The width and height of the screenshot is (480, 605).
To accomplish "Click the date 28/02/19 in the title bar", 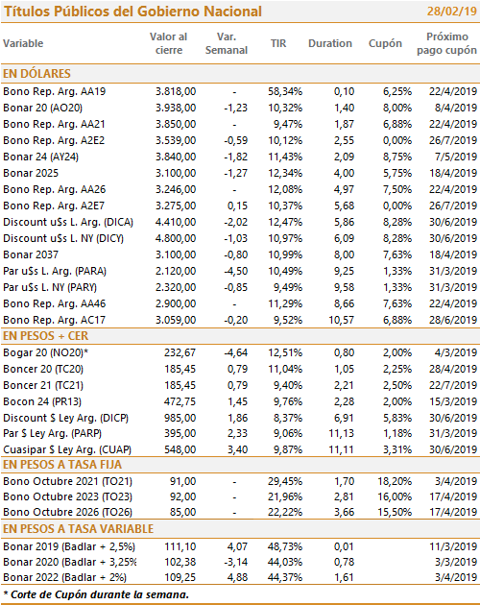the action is (452, 12).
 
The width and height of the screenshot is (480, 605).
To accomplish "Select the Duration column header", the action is (330, 43).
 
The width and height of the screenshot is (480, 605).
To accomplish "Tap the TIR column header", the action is (278, 43).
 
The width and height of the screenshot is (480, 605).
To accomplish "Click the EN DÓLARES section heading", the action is (36, 73).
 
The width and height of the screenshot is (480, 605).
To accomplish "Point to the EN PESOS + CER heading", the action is (45, 336).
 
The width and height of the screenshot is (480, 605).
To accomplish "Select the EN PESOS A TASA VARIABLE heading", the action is (79, 528).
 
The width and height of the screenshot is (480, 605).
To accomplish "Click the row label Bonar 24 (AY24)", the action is (40, 157).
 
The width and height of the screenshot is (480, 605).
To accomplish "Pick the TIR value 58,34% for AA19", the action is (285, 92).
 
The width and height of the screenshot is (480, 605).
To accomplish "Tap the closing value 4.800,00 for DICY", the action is (176, 238).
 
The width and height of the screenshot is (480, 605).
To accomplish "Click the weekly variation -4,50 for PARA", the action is (236, 271).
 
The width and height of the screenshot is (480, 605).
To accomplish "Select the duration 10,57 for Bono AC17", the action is (342, 320).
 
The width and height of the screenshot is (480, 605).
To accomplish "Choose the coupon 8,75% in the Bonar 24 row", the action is (397, 157).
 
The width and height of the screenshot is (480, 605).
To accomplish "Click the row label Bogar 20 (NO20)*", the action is (45, 352).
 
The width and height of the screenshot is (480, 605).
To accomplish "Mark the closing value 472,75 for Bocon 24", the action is (180, 401).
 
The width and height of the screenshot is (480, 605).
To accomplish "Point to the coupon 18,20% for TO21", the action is (395, 481).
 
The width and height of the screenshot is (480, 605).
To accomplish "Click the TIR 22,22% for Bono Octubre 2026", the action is (285, 513).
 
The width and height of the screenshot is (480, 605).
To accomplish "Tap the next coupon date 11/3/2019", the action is (453, 546).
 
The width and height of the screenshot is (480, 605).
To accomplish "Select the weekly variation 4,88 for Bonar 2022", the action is (237, 577).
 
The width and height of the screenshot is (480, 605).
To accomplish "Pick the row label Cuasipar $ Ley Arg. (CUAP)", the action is (67, 449).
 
